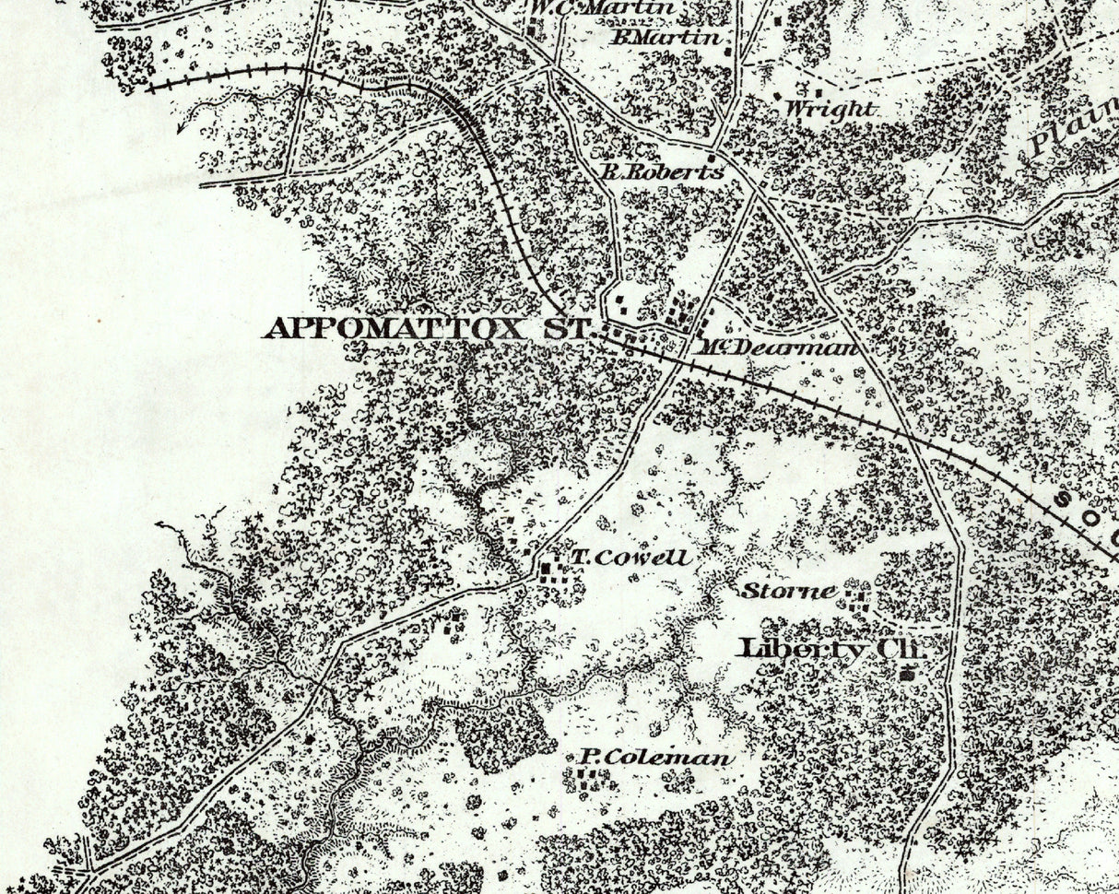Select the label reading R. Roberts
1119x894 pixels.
[x=661, y=171]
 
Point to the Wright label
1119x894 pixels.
[x=828, y=109]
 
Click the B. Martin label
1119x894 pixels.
[x=666, y=39]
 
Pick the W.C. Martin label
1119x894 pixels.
[x=603, y=8]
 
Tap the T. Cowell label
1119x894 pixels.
[x=630, y=558]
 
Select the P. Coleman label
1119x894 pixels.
[x=657, y=759]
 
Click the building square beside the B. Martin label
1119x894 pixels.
[x=730, y=51]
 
